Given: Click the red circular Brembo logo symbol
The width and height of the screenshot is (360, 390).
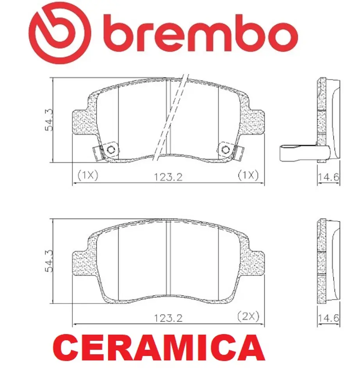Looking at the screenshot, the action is coord(59,34).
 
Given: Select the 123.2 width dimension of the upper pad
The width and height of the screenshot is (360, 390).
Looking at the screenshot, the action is coord(168,177).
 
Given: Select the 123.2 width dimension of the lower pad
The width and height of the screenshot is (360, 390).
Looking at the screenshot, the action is coord(168,318).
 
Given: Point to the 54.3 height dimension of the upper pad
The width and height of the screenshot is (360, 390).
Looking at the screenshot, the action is coord(49,120).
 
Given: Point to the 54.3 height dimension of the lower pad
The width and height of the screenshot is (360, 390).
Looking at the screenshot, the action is coord(49,261).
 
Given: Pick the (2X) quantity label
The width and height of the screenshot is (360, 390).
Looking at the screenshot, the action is coord(248,316).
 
